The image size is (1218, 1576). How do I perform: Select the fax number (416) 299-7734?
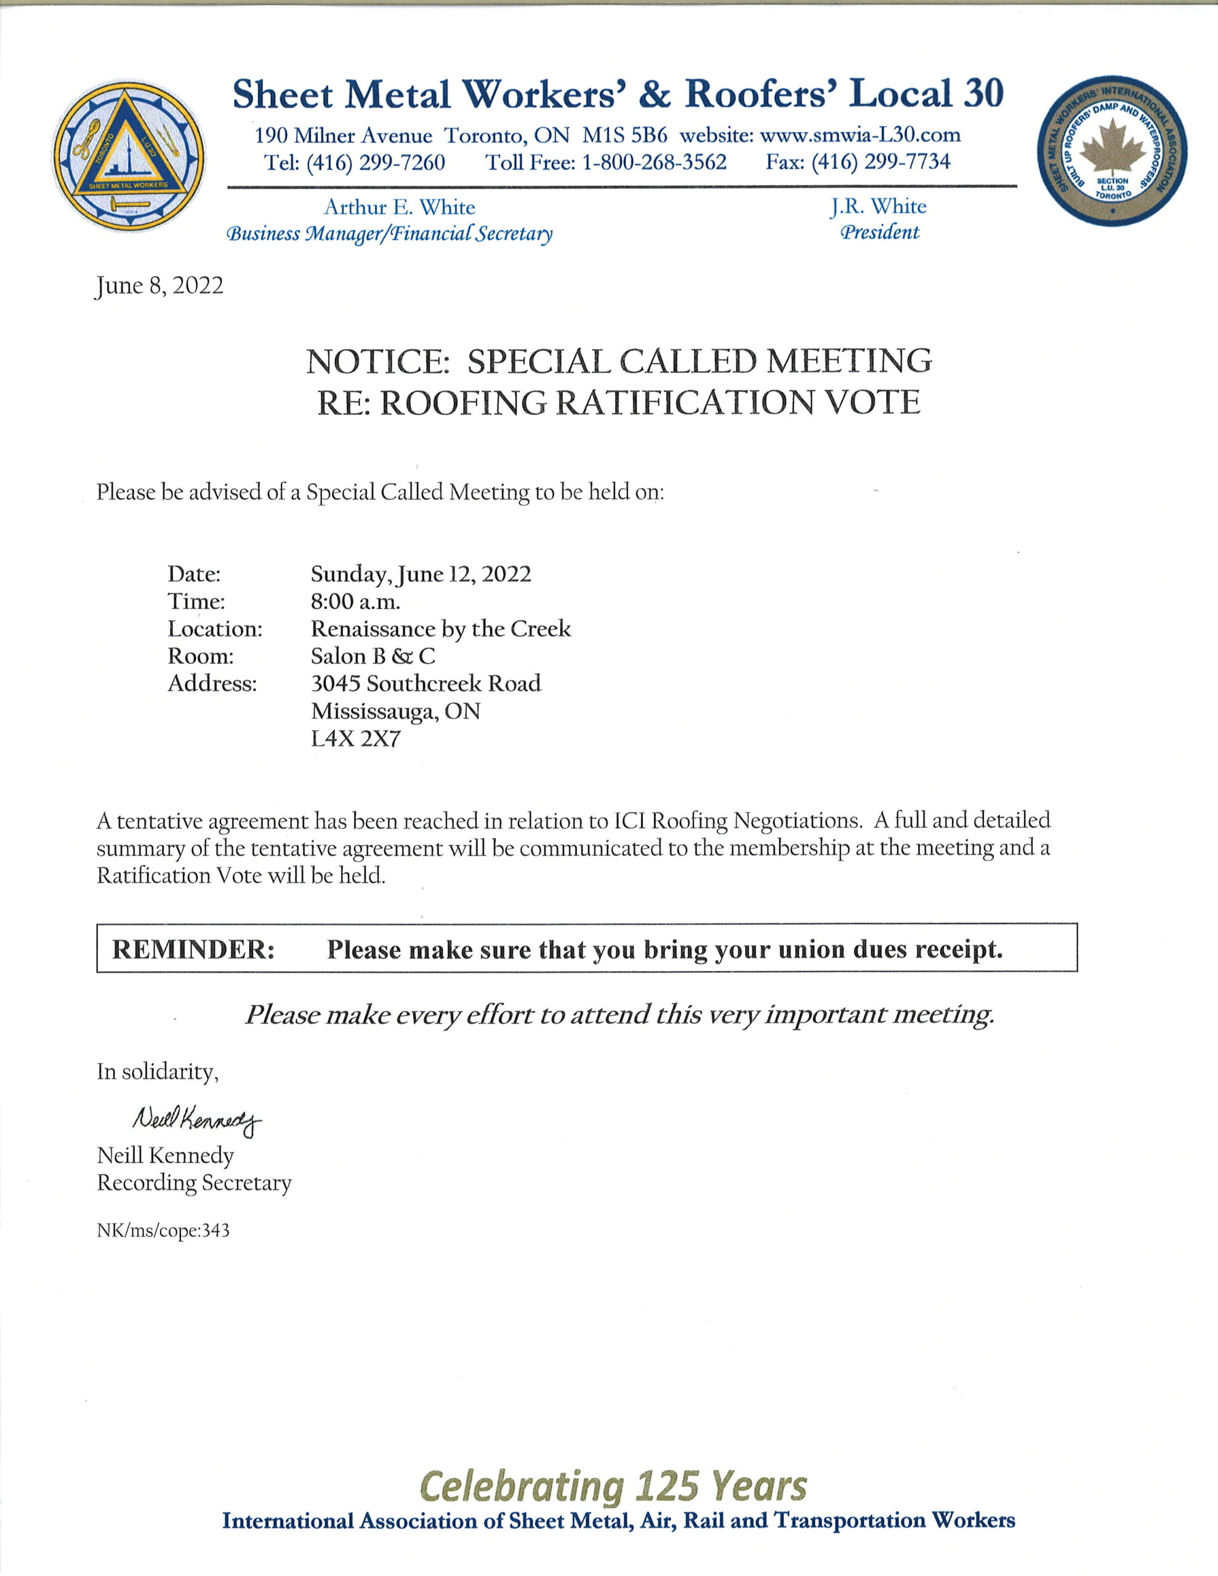[881, 162]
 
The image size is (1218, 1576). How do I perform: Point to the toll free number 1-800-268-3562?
[654, 162]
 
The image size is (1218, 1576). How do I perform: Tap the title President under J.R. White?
[879, 232]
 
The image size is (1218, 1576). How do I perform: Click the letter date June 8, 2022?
[159, 286]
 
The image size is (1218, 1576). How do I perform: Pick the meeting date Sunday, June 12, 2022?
[421, 574]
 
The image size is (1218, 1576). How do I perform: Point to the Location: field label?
[215, 629]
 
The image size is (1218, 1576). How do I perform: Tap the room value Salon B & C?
[373, 656]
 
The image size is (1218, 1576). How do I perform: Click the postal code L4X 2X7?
[355, 739]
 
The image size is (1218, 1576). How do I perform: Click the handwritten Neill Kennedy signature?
[196, 1119]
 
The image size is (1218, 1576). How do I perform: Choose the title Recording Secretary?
[194, 1183]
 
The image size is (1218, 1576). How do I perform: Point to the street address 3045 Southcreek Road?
[426, 683]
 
